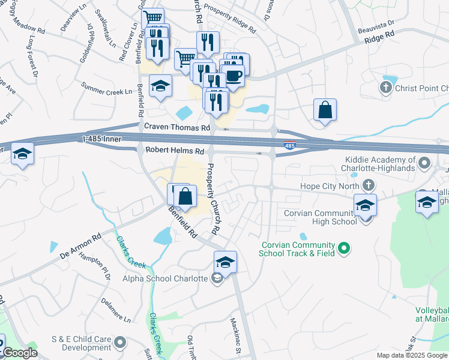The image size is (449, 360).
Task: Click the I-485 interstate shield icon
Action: click(x=289, y=145)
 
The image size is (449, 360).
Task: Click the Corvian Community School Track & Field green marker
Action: click(x=344, y=247)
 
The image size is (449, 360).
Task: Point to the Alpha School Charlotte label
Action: click(x=165, y=278)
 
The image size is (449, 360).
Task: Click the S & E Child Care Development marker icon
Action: click(x=120, y=343)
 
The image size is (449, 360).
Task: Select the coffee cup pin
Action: click(x=235, y=76)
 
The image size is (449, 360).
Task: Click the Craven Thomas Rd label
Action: click(x=177, y=127)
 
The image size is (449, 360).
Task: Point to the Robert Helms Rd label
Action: click(x=174, y=151)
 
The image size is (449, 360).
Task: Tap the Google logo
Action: click(x=20, y=353)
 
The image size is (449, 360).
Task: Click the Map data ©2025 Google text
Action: click(x=411, y=355)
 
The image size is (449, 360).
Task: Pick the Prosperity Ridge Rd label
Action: click(x=231, y=17)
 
